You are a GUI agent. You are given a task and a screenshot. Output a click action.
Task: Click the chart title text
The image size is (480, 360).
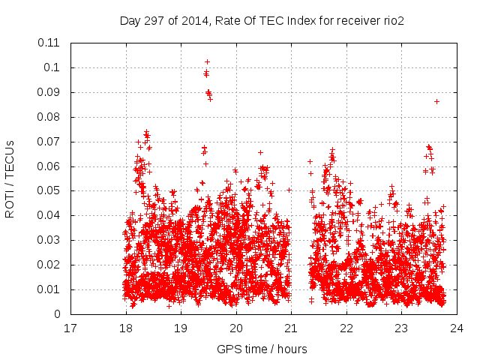(262, 21)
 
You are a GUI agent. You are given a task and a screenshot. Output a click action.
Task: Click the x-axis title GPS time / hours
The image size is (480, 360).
(262, 349)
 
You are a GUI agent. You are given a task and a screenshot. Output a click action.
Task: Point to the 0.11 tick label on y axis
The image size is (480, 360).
(51, 43)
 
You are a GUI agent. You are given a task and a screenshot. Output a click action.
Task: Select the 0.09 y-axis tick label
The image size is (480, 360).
(51, 92)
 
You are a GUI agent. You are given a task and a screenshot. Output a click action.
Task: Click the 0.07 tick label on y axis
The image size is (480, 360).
(51, 142)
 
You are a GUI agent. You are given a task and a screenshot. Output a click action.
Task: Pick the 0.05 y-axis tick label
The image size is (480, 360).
(51, 190)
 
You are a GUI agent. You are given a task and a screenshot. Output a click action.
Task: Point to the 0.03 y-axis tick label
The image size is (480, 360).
(51, 240)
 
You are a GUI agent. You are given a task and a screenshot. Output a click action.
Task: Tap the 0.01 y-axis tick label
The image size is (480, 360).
(51, 289)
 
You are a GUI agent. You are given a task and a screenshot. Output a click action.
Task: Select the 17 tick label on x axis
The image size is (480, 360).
(70, 328)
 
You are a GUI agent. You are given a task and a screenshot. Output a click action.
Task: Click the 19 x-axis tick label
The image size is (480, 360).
(181, 328)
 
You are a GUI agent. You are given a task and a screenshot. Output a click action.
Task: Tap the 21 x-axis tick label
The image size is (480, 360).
(291, 328)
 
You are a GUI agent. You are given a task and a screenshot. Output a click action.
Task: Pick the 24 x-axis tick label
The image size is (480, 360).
(456, 328)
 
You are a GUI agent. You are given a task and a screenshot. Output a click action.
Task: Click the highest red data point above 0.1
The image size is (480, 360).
(207, 61)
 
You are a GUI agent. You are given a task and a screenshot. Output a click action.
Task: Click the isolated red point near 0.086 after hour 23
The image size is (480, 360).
(436, 101)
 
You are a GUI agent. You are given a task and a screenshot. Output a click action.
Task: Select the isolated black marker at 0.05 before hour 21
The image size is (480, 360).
(289, 190)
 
